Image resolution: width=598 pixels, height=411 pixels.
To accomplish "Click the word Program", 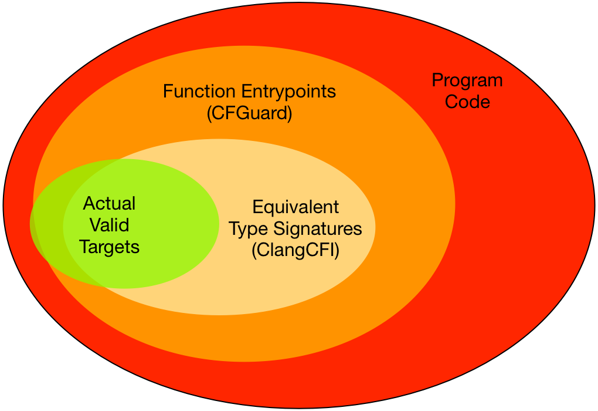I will [x=467, y=81].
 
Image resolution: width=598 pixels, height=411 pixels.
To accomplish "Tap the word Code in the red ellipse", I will [x=467, y=102].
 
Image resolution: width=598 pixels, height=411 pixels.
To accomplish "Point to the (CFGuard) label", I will [x=249, y=113].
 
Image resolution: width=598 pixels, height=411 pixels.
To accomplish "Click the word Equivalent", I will [x=295, y=207].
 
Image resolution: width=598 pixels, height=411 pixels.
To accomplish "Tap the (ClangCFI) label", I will [x=295, y=250].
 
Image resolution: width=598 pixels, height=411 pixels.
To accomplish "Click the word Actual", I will [x=110, y=204].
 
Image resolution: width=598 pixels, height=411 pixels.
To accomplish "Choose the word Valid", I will [x=110, y=225].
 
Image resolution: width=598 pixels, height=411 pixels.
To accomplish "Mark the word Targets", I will [x=110, y=247].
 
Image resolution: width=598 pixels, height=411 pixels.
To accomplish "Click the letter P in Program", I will [x=437, y=81].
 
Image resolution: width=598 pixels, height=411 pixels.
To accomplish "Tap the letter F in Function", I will [x=167, y=92].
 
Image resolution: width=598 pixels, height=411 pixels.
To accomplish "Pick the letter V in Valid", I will [x=96, y=225].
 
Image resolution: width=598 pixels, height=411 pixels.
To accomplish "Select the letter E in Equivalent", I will [x=257, y=207].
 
